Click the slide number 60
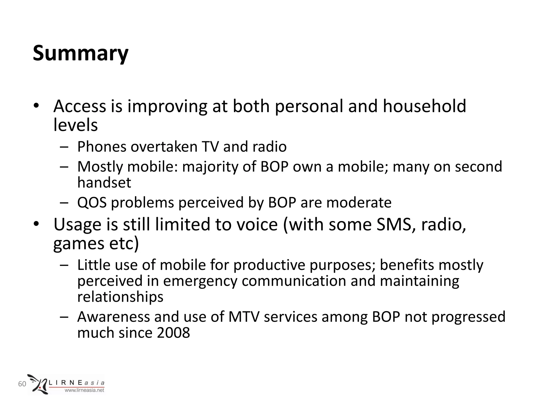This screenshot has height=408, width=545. click(22, 384)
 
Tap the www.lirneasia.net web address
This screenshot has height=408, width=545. click(85, 390)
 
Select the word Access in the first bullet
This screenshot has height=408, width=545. click(80, 106)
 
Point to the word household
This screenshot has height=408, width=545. click(424, 106)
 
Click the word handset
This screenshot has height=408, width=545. click(104, 182)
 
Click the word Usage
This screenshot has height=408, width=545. click(77, 225)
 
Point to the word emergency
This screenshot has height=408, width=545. click(200, 282)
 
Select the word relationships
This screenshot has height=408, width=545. click(120, 297)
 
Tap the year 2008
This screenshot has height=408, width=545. click(173, 333)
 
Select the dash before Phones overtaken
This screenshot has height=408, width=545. click(64, 147)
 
